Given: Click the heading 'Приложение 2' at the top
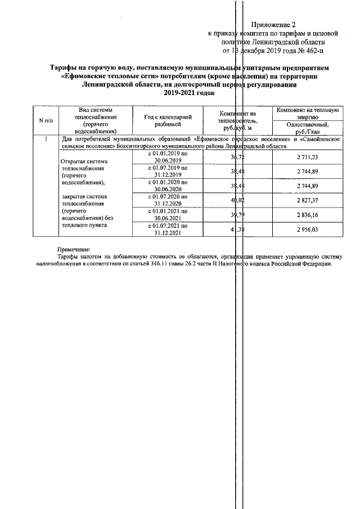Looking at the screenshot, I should tap(273, 25).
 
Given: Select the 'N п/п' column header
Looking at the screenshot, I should tap(45, 120).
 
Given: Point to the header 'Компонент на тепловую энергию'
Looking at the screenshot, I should tap(307, 112).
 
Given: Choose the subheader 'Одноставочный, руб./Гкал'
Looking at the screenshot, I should tap(307, 128).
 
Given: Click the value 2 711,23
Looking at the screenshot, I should tap(307, 157).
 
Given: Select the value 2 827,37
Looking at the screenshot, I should tap(307, 200).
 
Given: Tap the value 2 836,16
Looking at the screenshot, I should tap(307, 214).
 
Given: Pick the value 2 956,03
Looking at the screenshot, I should tap(307, 229).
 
